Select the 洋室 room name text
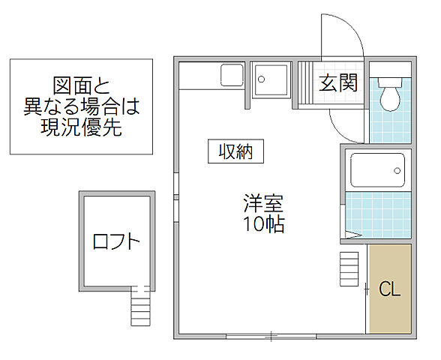262,202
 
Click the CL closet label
389,290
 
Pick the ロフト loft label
116,241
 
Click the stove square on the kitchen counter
232,76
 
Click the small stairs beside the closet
349,268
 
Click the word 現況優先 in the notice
82,126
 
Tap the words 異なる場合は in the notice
82,105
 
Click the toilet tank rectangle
390,79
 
